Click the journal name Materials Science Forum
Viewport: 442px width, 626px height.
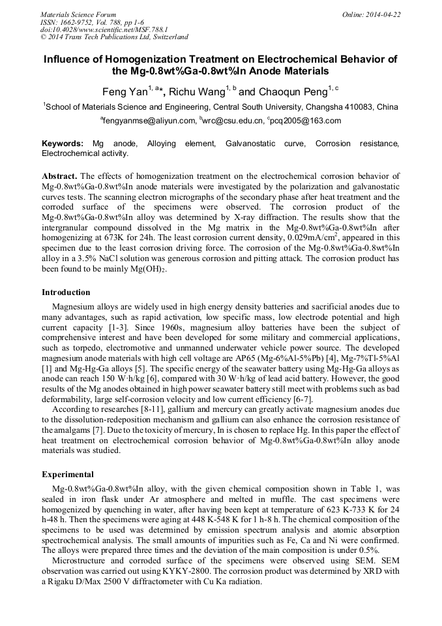pos(78,14)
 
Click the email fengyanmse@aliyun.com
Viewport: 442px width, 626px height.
pos(149,121)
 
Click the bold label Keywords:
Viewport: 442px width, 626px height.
pos(63,144)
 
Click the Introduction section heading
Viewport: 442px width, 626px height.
pos(66,292)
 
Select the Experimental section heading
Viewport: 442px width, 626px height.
pos(68,475)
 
